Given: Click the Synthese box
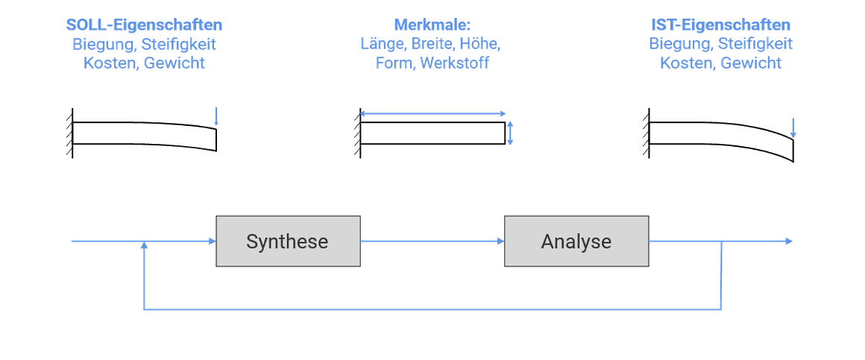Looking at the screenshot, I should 288,241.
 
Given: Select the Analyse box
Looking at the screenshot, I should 576,241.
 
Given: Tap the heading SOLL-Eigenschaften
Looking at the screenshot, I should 144,25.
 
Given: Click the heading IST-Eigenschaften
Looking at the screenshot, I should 720,25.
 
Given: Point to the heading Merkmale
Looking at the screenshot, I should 432,25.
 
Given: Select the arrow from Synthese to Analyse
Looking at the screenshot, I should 432,241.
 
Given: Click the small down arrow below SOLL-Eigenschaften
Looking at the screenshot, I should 216,117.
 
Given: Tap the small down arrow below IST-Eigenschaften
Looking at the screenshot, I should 793,127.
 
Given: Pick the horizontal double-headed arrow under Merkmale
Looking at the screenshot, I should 432,113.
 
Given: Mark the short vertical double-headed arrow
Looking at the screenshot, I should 511,133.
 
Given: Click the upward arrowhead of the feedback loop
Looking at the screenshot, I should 143,247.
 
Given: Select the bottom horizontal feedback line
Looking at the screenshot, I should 432,309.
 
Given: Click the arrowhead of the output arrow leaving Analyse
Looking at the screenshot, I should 788,241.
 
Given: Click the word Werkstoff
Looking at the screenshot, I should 454,63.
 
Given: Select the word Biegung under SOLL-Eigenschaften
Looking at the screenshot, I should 99,44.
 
